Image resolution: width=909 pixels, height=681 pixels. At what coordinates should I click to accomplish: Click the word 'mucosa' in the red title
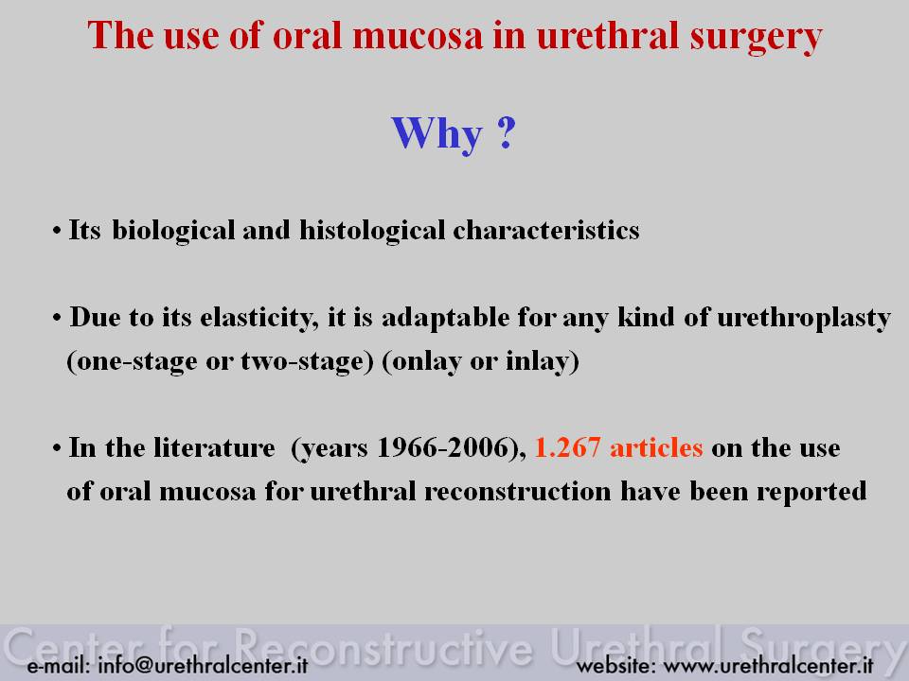click(417, 36)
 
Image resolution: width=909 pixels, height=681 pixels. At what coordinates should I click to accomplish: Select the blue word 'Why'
click(437, 135)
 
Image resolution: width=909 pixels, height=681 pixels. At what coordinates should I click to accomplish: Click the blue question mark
click(506, 132)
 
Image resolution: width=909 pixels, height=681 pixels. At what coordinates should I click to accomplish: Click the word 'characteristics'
click(546, 230)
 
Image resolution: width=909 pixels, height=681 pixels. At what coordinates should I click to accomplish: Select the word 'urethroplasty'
click(804, 319)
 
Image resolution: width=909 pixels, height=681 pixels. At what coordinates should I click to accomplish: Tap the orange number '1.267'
click(567, 447)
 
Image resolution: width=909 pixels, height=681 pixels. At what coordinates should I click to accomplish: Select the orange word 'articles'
click(656, 447)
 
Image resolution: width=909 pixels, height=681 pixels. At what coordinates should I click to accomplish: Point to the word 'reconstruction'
click(518, 492)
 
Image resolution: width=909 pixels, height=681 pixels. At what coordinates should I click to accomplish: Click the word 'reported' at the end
click(811, 492)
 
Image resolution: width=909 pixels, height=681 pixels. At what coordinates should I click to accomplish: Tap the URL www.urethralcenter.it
click(768, 665)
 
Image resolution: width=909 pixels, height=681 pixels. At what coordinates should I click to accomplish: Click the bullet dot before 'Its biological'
click(56, 232)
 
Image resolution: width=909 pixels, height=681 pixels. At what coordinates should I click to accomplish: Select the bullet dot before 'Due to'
click(56, 319)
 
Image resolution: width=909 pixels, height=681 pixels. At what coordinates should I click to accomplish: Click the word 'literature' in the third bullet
click(215, 447)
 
